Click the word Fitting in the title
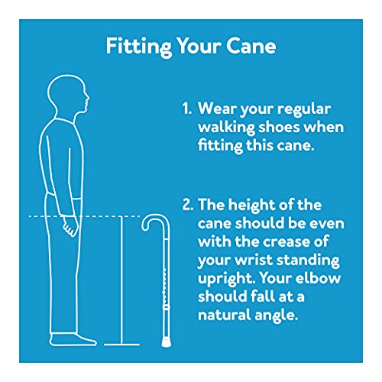[x=134, y=45]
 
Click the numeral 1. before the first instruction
[x=187, y=110]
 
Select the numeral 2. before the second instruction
[x=188, y=208]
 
